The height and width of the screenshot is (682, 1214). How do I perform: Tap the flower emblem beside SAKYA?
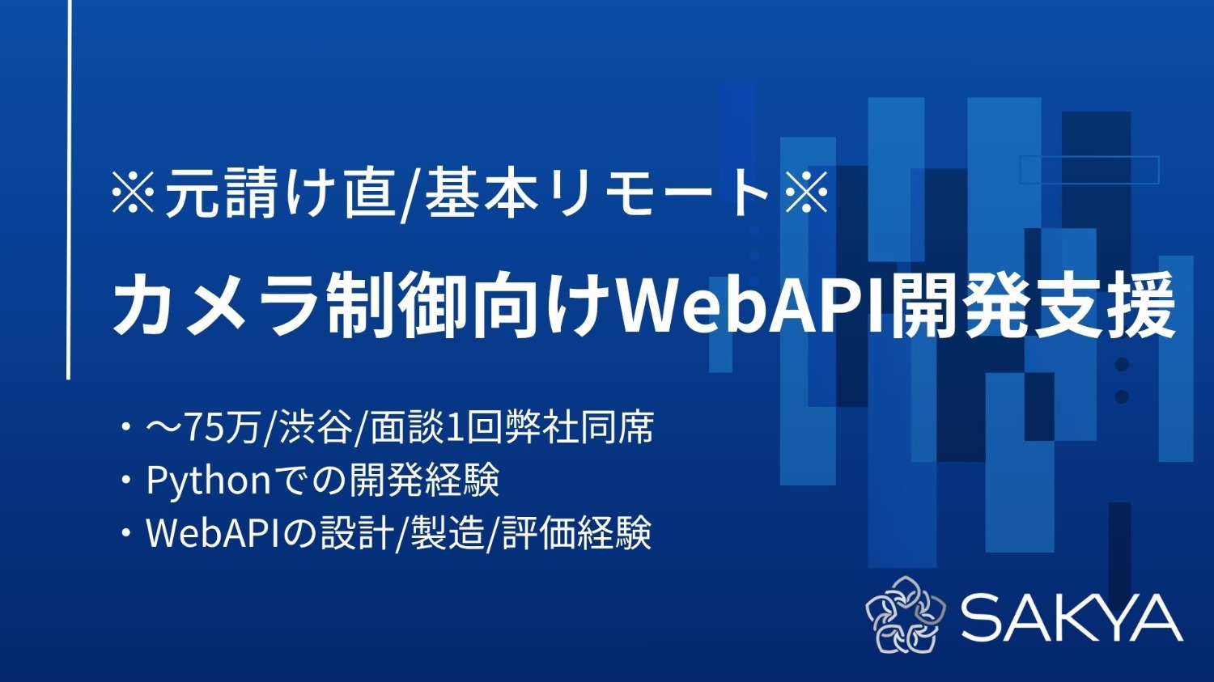point(906,614)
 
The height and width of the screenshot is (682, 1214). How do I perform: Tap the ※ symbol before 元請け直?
point(133,195)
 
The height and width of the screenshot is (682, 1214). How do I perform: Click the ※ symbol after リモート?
point(806,195)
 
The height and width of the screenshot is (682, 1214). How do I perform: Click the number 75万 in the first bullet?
point(223,428)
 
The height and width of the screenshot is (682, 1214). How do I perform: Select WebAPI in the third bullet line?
point(213,533)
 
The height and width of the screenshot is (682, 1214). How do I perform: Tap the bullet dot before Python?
point(125,481)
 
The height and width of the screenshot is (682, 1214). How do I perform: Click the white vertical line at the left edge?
point(69,186)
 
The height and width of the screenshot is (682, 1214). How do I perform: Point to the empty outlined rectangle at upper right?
point(1089,170)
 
